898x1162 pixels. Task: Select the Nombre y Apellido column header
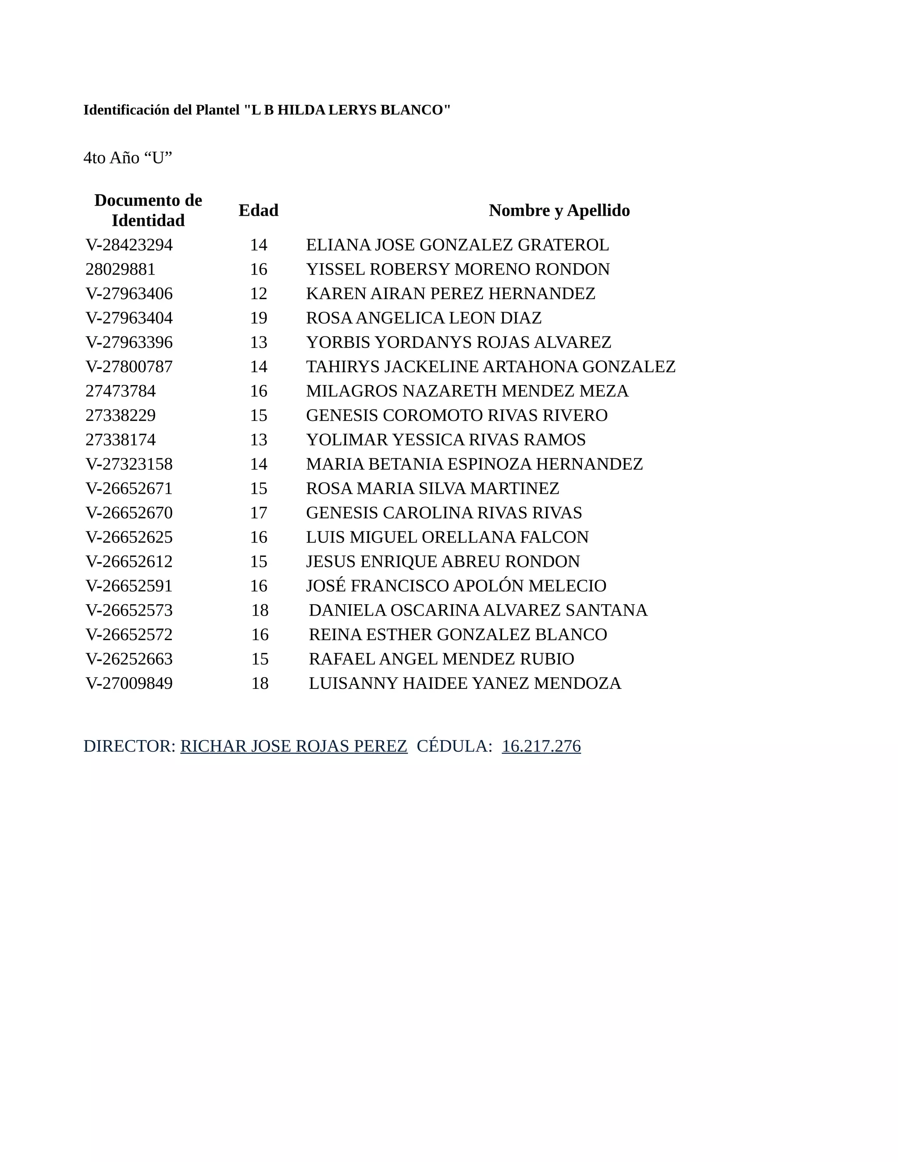pos(559,210)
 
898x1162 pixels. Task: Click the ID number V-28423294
pos(129,245)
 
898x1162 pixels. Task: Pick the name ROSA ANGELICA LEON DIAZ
pos(424,317)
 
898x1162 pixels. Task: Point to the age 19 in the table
pos(259,317)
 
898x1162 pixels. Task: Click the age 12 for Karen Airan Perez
pos(259,293)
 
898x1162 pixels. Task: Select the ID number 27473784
pos(121,391)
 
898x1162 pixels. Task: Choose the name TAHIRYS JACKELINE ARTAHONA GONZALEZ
pos(491,367)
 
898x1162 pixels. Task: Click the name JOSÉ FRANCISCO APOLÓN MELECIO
pos(456,586)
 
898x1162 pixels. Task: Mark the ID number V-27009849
pos(129,683)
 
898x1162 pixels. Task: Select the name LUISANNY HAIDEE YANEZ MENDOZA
pos(465,683)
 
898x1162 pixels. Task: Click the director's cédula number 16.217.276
pos(541,746)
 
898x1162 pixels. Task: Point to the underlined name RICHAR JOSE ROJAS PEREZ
pos(294,746)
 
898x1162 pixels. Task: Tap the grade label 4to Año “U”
pos(128,157)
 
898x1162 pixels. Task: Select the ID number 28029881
pos(121,269)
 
